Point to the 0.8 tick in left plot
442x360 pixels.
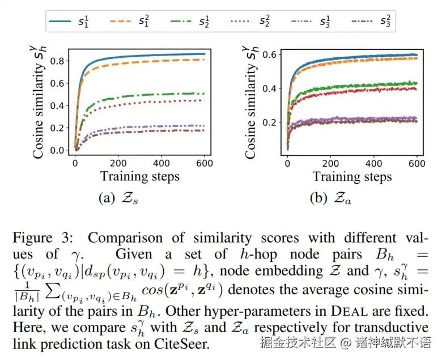click(57, 61)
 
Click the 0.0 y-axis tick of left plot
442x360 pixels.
click(57, 150)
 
